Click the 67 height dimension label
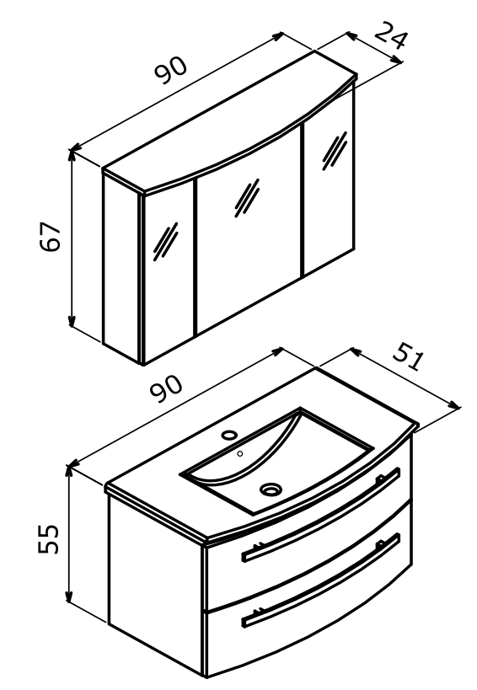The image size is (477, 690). pos(50,236)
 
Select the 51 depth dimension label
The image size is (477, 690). pos(409,356)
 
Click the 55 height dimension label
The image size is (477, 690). pos(48,538)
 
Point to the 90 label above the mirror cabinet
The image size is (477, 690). pos(171,71)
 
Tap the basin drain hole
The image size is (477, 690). pos(271,489)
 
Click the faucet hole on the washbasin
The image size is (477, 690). pos(229,435)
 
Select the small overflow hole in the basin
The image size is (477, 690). pos(240,453)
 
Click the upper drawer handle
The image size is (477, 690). pos(321,515)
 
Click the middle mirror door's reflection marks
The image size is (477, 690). pos(247,198)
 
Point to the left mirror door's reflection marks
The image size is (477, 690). pos(165,241)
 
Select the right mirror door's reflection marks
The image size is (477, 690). pos(335,151)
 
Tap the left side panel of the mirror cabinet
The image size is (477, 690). pos(121,268)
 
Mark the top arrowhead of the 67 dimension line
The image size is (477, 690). pos(71,155)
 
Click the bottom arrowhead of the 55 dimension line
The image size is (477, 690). pos(68,596)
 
